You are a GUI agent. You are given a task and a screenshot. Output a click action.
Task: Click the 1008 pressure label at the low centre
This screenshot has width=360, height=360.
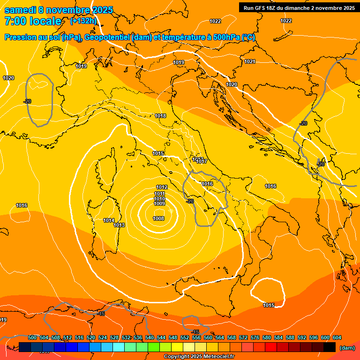click(158, 218)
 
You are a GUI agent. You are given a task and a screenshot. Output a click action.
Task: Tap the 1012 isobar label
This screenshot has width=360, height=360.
click(162, 187)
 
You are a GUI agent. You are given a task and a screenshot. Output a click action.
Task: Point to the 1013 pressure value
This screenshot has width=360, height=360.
click(119, 225)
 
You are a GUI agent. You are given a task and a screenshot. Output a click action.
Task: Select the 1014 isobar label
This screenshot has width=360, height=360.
click(109, 220)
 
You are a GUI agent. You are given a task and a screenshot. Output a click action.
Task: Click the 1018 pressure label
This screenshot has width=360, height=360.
click(160, 116)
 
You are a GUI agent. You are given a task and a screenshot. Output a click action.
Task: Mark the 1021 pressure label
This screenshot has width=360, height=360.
click(250, 62)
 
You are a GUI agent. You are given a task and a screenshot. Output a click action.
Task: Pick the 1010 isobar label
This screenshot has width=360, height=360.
click(159, 199)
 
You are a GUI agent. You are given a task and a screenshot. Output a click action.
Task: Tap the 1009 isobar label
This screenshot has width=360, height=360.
click(159, 204)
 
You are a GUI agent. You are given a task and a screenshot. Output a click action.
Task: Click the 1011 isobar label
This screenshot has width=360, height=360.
click(159, 194)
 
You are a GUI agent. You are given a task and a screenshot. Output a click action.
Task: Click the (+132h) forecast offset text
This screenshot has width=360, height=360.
click(83, 21)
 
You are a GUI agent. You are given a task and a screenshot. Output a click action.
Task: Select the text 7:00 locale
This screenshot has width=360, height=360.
click(33, 21)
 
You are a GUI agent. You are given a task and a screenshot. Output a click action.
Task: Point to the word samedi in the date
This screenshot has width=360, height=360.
click(20, 10)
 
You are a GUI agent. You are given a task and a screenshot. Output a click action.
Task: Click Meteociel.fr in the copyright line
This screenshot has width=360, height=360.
click(217, 357)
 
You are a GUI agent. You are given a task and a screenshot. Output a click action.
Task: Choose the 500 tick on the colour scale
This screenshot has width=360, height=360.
click(32, 337)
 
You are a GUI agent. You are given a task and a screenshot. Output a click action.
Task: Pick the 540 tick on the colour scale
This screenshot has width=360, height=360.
click(150, 337)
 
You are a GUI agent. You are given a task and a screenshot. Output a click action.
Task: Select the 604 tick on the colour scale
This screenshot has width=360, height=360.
click(337, 337)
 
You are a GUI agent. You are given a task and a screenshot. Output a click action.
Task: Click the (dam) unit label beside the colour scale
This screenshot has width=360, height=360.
click(347, 348)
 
